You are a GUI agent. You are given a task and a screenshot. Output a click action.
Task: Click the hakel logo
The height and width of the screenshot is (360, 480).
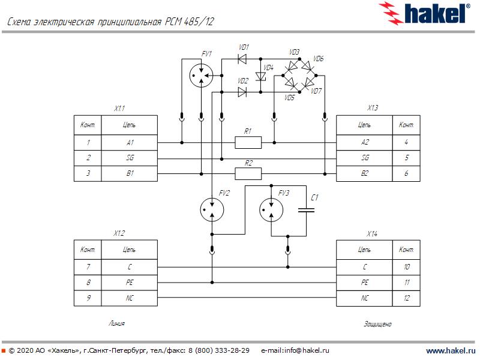coord(427,13)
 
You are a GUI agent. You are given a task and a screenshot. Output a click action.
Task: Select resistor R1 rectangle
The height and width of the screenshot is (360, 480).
coord(248,142)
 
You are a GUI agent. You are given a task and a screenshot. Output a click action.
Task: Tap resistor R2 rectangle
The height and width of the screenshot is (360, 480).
coord(248,173)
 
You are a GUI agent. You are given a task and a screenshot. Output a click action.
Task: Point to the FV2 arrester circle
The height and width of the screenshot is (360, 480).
coord(211,209)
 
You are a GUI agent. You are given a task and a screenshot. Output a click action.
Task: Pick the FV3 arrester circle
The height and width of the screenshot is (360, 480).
coord(272,209)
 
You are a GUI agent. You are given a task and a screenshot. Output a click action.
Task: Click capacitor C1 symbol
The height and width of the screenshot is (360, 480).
coord(307,209)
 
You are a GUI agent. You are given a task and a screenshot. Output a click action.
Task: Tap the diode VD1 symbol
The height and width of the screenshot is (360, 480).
coord(242,59)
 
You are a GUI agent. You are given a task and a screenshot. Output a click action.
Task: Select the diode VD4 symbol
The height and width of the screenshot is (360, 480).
coord(261,76)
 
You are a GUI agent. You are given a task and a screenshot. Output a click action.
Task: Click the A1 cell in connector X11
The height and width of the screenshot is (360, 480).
coord(130,143)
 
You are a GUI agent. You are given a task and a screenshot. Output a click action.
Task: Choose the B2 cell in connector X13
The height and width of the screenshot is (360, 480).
coord(365,173)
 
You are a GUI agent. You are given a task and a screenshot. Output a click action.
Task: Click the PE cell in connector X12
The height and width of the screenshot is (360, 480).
coord(130,282)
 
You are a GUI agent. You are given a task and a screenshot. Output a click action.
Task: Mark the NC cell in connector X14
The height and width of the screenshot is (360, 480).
coord(365,298)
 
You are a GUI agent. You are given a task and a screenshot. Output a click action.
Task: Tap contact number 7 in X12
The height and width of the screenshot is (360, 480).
coord(88,266)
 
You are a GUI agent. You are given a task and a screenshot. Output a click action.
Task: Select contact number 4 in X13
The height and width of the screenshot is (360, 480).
coord(406,143)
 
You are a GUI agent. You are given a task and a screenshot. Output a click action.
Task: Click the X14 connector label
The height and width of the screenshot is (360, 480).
coord(373,233)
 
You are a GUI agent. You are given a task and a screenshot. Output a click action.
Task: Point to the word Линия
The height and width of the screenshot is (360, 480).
coord(116,323)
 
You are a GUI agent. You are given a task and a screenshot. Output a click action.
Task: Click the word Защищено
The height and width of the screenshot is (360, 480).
coord(377,324)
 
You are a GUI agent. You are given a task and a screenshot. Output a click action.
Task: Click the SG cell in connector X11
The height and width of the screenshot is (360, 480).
coord(130,158)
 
